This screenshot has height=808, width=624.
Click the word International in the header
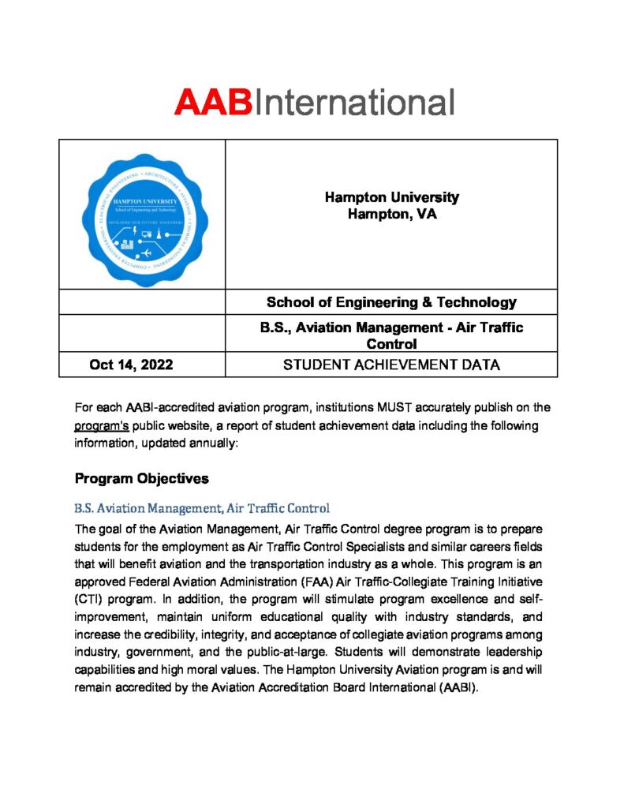(x=353, y=103)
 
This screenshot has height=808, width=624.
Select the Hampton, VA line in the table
(x=391, y=214)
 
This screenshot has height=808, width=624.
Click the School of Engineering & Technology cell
(x=391, y=302)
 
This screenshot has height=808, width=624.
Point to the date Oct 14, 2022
(x=131, y=365)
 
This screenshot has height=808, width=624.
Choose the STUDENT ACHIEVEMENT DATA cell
(x=391, y=365)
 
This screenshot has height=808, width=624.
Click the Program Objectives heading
(x=141, y=478)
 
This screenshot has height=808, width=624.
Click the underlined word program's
(x=102, y=426)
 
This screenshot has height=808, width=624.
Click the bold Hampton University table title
(x=391, y=197)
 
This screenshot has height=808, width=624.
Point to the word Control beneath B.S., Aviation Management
(x=391, y=344)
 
